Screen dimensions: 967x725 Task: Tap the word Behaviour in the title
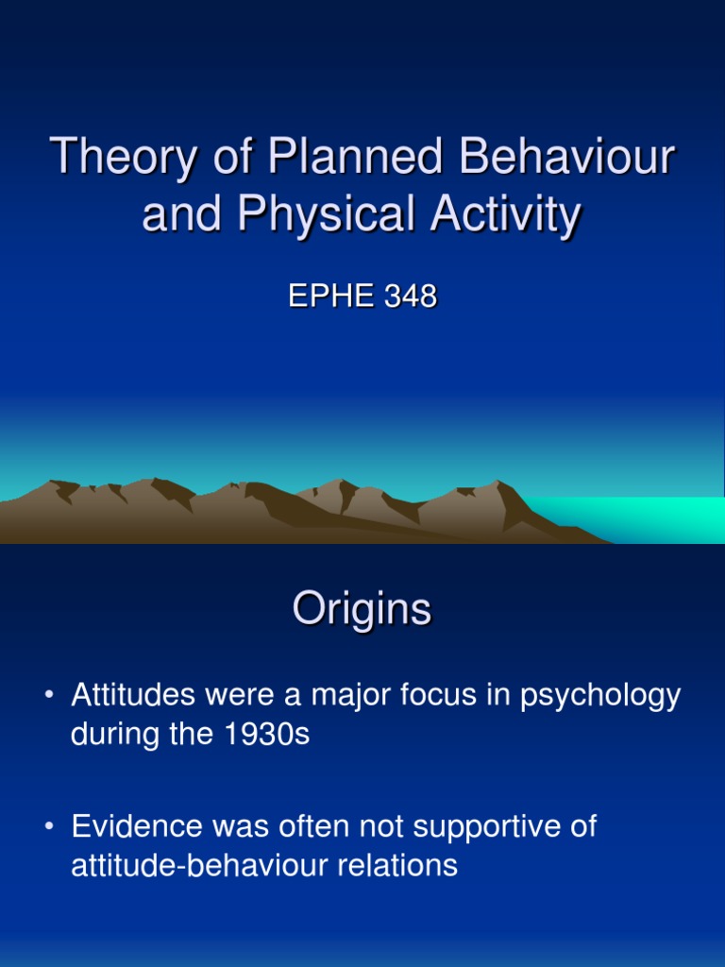[x=565, y=158]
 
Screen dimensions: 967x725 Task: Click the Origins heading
[x=362, y=610]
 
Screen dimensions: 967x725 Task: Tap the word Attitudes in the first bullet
[x=132, y=696]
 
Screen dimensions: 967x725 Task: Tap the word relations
[x=403, y=865]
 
